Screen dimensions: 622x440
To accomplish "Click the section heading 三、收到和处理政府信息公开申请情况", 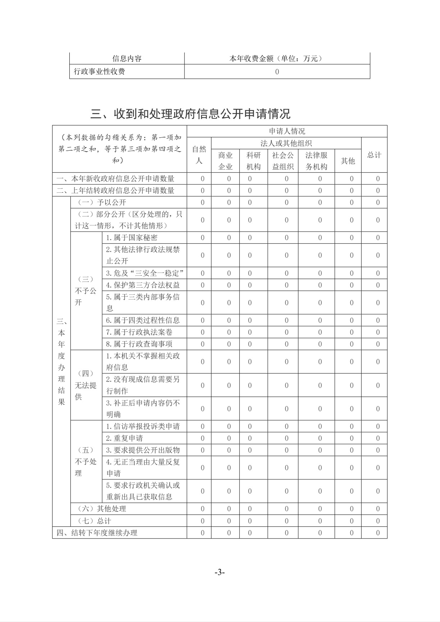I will (x=190, y=114).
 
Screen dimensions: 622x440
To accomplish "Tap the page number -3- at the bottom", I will (x=220, y=572).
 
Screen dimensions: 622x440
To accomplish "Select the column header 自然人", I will (x=199, y=155).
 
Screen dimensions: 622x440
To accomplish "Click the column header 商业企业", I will (x=225, y=161).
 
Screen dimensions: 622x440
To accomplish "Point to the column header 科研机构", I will (x=253, y=161).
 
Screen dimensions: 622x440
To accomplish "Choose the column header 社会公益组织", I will (x=283, y=161).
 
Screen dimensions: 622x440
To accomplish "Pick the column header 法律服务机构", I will (x=316, y=161).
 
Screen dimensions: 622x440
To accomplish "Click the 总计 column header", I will (x=374, y=155).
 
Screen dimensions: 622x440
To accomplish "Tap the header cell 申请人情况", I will (x=287, y=131).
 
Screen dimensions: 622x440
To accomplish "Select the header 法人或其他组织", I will (x=286, y=143).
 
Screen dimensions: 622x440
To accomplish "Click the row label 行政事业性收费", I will (x=100, y=72).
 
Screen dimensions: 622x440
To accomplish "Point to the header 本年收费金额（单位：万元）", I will (x=277, y=59).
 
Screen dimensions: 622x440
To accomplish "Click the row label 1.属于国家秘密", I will (x=132, y=238).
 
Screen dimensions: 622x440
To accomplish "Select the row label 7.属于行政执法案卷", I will (x=139, y=332).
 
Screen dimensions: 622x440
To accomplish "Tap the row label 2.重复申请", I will (x=124, y=438).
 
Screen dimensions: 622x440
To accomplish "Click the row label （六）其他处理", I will (x=102, y=509).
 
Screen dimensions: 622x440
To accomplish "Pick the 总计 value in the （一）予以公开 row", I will (x=378, y=202).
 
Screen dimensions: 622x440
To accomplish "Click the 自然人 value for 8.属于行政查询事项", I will (x=202, y=344).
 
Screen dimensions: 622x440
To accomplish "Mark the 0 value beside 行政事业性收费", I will (x=277, y=72).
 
